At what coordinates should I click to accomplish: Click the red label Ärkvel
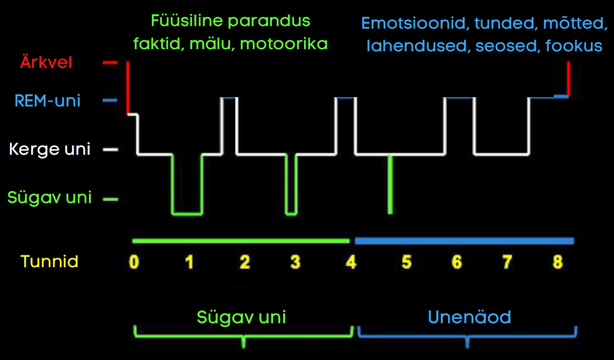[46, 62]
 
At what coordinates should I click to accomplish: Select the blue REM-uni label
[47, 101]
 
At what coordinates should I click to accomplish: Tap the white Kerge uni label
[50, 149]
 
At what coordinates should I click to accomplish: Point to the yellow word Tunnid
[49, 262]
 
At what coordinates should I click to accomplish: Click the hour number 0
[134, 262]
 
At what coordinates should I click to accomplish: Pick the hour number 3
[295, 262]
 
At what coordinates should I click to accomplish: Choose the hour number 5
[406, 262]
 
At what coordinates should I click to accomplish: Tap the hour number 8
[558, 262]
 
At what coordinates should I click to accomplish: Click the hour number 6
[457, 262]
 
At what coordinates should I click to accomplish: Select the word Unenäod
[470, 317]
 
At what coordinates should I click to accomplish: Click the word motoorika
[284, 44]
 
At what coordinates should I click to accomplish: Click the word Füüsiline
[187, 21]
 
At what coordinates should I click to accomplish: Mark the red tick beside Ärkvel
[110, 62]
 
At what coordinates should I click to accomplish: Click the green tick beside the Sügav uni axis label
[111, 200]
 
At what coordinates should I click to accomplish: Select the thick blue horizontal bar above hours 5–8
[464, 241]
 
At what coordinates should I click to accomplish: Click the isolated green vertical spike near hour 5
[390, 184]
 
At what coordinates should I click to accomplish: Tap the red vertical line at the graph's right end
[569, 79]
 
